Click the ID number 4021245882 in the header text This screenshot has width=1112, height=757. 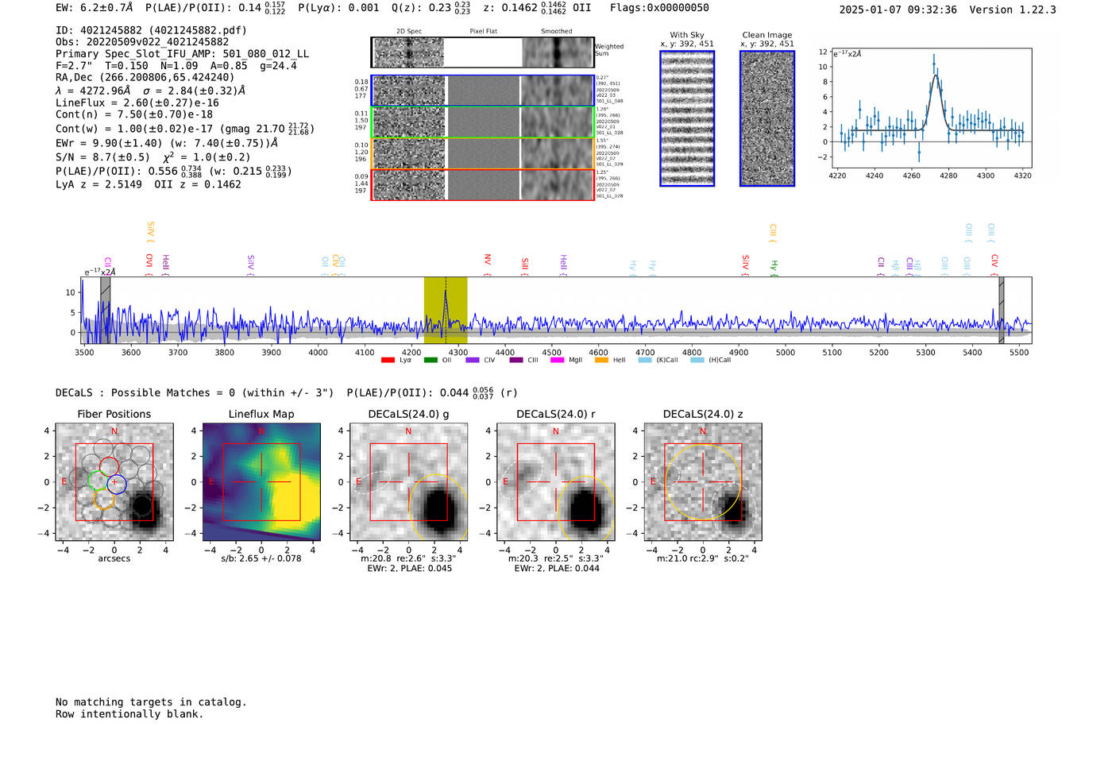click(111, 30)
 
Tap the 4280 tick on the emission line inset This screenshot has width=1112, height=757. click(948, 176)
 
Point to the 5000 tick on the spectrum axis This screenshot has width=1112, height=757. click(786, 352)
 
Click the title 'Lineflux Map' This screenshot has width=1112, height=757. click(261, 414)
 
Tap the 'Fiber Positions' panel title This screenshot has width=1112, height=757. click(114, 414)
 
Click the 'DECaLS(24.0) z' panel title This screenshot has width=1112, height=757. click(703, 414)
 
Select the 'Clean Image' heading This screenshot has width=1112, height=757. click(767, 35)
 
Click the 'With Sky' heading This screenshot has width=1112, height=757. click(687, 35)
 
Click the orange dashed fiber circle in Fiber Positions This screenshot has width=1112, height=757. click(104, 500)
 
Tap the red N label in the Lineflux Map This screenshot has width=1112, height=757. click(261, 431)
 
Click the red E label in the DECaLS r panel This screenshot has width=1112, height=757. click(505, 482)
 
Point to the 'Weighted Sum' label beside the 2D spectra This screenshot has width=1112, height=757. click(609, 50)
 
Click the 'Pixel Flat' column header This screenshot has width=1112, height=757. click(483, 31)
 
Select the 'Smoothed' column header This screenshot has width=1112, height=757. click(556, 31)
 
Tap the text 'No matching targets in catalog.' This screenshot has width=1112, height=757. click(151, 702)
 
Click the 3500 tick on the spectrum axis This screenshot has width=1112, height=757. click(84, 352)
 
